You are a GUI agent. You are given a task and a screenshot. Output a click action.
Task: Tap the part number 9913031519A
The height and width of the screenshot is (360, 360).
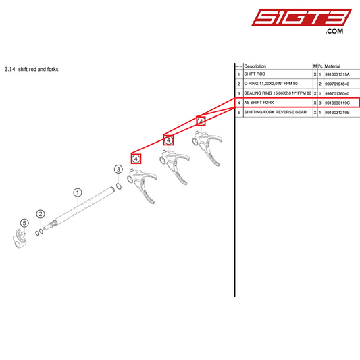[342, 74]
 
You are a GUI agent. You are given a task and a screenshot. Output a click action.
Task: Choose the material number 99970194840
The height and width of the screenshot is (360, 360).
[341, 84]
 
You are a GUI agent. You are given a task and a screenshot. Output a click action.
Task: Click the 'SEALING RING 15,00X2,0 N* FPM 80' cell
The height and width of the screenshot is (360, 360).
[277, 93]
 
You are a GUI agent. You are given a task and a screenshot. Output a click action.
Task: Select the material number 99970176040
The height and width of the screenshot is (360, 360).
[341, 93]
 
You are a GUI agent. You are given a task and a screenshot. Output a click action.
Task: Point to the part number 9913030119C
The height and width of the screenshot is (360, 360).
[342, 103]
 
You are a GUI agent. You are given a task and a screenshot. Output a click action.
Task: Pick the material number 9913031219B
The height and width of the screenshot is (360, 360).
[342, 112]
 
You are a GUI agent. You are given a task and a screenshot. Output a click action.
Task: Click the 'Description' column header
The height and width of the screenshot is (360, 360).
[255, 66]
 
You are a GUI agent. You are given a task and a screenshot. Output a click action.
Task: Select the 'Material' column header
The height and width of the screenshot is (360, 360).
[333, 66]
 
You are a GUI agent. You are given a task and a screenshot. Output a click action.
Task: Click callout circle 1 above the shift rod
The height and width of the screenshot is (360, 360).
[78, 192]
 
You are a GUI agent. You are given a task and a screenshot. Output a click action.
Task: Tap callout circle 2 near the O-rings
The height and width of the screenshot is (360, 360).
[41, 215]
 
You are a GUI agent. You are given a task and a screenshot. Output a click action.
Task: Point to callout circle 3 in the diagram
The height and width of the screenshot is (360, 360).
[118, 169]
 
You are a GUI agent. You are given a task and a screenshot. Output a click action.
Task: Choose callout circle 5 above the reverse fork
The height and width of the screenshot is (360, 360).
[24, 223]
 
